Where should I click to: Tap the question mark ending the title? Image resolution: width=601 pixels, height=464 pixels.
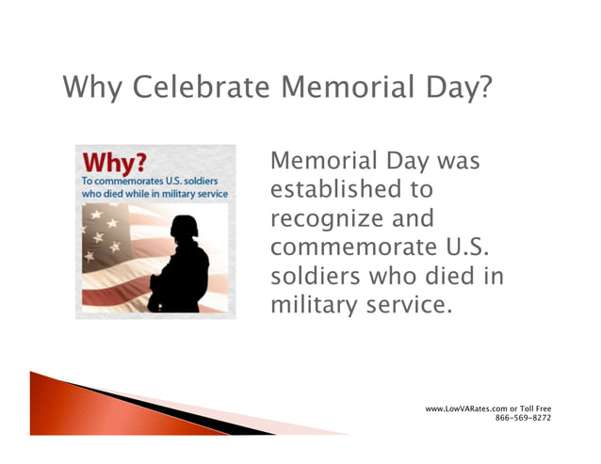click(483, 89)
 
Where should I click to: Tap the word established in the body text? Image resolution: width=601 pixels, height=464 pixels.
click(338, 190)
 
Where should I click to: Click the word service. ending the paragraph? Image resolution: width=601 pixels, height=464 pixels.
click(396, 306)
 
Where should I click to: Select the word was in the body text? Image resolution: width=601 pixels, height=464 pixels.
click(457, 161)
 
